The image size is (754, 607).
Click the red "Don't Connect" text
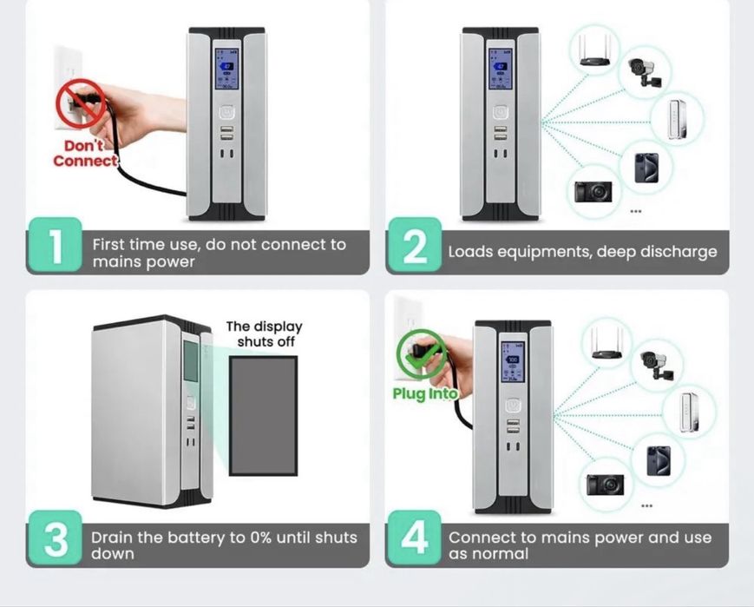(x=85, y=154)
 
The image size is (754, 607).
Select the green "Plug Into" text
(x=424, y=394)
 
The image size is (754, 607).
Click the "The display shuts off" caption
(x=264, y=333)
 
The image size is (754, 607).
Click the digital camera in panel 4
(x=605, y=484)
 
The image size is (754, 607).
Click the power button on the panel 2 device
(x=500, y=112)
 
